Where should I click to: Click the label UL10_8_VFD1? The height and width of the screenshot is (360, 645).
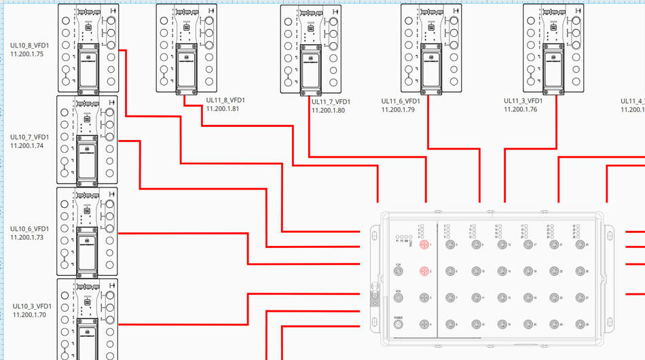[29, 45]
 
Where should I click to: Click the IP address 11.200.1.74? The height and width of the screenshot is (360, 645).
[27, 145]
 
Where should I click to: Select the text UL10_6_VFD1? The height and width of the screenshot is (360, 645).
[29, 229]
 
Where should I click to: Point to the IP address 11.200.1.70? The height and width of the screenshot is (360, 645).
[29, 314]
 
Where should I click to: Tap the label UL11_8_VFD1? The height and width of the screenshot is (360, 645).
[225, 100]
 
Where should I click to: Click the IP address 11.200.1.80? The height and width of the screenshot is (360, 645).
[328, 110]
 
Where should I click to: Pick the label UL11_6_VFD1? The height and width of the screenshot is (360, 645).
[401, 101]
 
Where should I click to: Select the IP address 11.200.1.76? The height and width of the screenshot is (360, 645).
[520, 109]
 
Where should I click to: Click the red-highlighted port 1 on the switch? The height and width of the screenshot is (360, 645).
[424, 244]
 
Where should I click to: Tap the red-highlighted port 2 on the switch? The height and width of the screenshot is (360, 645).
[424, 271]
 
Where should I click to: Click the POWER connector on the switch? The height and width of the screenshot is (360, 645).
[399, 324]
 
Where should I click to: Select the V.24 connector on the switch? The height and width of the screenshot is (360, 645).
[399, 271]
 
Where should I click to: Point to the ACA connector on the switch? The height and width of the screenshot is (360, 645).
[399, 298]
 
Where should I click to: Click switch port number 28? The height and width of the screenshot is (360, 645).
[579, 324]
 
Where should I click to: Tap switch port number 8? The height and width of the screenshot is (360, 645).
[447, 324]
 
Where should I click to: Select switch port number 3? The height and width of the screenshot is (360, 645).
[424, 298]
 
